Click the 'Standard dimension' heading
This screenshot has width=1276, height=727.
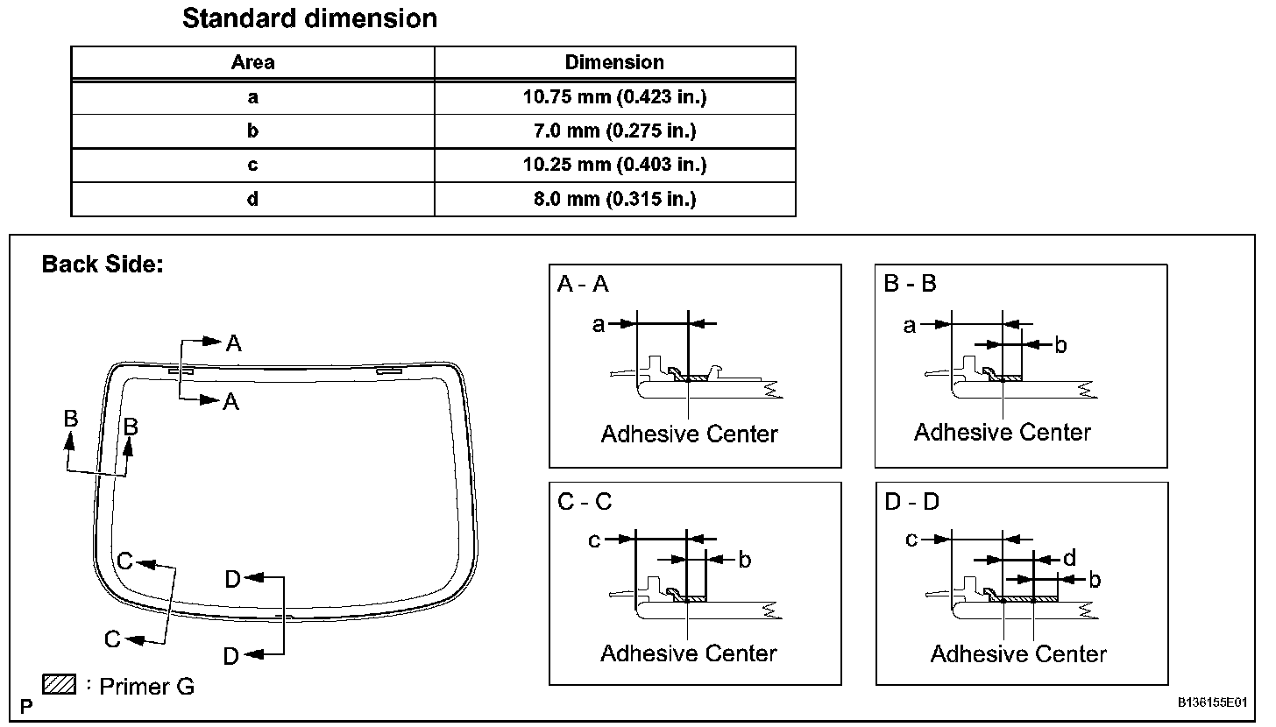309,18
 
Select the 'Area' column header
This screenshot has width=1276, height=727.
253,62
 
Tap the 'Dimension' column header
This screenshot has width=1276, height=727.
614,62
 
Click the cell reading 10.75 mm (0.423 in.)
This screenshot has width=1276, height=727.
614,97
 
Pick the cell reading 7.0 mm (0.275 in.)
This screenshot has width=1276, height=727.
614,131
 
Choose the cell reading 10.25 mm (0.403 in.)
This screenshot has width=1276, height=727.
614,165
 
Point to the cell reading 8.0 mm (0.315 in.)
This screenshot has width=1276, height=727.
614,199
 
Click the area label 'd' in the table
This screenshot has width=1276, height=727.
252,199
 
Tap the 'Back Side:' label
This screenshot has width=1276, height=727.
103,265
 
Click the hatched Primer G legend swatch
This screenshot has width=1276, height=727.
60,684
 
